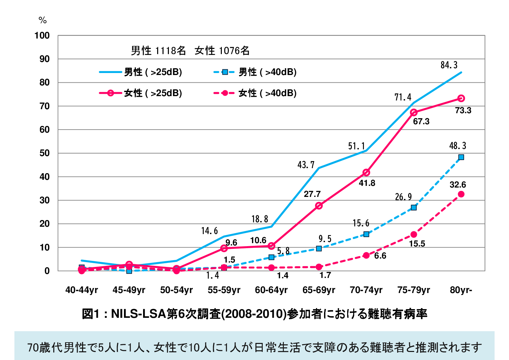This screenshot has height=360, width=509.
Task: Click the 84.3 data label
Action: [449, 65]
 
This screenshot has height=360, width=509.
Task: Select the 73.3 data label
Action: [463, 111]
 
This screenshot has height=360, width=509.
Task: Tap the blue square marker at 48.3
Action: [461, 157]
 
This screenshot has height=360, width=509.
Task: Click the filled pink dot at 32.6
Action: [461, 194]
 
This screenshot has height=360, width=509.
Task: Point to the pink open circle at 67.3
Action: [414, 112]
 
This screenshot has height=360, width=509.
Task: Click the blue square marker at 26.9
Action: [414, 208]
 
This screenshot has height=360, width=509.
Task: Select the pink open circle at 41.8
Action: [366, 172]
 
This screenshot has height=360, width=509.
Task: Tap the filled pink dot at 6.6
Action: [366, 255]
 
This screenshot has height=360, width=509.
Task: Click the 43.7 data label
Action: [306, 165]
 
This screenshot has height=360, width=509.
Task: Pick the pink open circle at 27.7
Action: [319, 206]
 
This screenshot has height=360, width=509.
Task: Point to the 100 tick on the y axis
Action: [42, 35]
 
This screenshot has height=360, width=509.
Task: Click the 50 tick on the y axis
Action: [44, 153]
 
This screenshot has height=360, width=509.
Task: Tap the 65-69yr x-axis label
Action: [319, 290]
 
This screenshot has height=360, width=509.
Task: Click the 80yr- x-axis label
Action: [461, 290]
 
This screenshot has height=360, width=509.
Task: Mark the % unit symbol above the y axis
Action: [43, 20]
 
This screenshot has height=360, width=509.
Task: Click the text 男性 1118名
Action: [158, 51]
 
